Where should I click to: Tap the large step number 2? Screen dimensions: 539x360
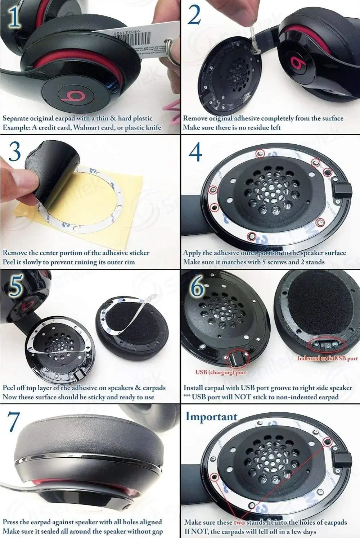point(194,16)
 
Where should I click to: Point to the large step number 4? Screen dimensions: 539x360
point(195,152)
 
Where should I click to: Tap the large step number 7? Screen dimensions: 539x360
point(15,421)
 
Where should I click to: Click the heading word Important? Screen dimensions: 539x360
point(211,416)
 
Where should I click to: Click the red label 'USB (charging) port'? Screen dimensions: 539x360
point(220,372)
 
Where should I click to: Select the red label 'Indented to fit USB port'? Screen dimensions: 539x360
point(327,358)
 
